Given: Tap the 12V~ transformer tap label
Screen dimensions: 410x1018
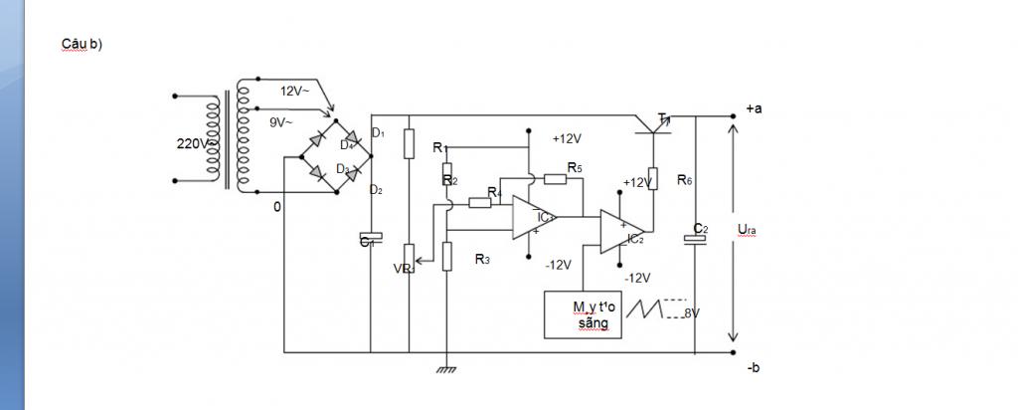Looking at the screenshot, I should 295,91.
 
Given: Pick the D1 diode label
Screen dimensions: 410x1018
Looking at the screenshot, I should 377,132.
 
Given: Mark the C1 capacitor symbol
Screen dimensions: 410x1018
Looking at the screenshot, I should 370,240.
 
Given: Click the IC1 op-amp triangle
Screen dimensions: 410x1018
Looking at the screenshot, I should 533,217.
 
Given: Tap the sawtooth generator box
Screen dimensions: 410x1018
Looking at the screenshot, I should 583,314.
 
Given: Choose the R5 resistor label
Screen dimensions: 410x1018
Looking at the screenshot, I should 575,166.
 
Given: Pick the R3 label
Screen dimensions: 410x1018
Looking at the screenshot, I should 482,259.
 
